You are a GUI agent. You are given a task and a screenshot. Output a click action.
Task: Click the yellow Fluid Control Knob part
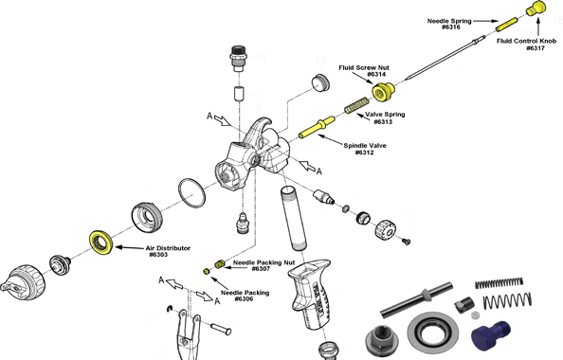click(536, 9)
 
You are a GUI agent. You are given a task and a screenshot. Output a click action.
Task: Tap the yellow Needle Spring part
click(507, 25)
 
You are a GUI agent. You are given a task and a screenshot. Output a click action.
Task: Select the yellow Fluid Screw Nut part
click(383, 90)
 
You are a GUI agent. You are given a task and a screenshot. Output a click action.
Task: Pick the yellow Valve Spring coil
click(356, 105)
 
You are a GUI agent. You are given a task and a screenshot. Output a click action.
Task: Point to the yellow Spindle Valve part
click(317, 127)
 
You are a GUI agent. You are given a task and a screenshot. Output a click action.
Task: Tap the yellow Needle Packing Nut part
click(220, 263)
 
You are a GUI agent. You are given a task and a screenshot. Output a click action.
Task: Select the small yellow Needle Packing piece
click(206, 271)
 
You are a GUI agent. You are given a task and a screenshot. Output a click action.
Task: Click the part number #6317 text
click(536, 48)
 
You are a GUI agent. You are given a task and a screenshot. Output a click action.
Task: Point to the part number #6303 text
click(158, 255)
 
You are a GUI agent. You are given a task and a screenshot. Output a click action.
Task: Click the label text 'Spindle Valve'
click(365, 145)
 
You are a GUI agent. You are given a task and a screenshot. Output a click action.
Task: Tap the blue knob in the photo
click(490, 332)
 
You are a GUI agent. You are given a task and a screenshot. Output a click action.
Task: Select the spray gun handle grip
click(311, 293)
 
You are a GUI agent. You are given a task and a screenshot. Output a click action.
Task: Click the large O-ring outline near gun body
click(191, 192)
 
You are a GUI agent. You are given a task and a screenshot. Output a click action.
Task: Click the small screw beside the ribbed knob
click(406, 242)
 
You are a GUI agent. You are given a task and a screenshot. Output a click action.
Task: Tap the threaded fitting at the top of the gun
click(238, 58)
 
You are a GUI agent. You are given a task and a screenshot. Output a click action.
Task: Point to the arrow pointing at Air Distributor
click(130, 247)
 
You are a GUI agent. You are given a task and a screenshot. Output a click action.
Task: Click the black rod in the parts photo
click(416, 300)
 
